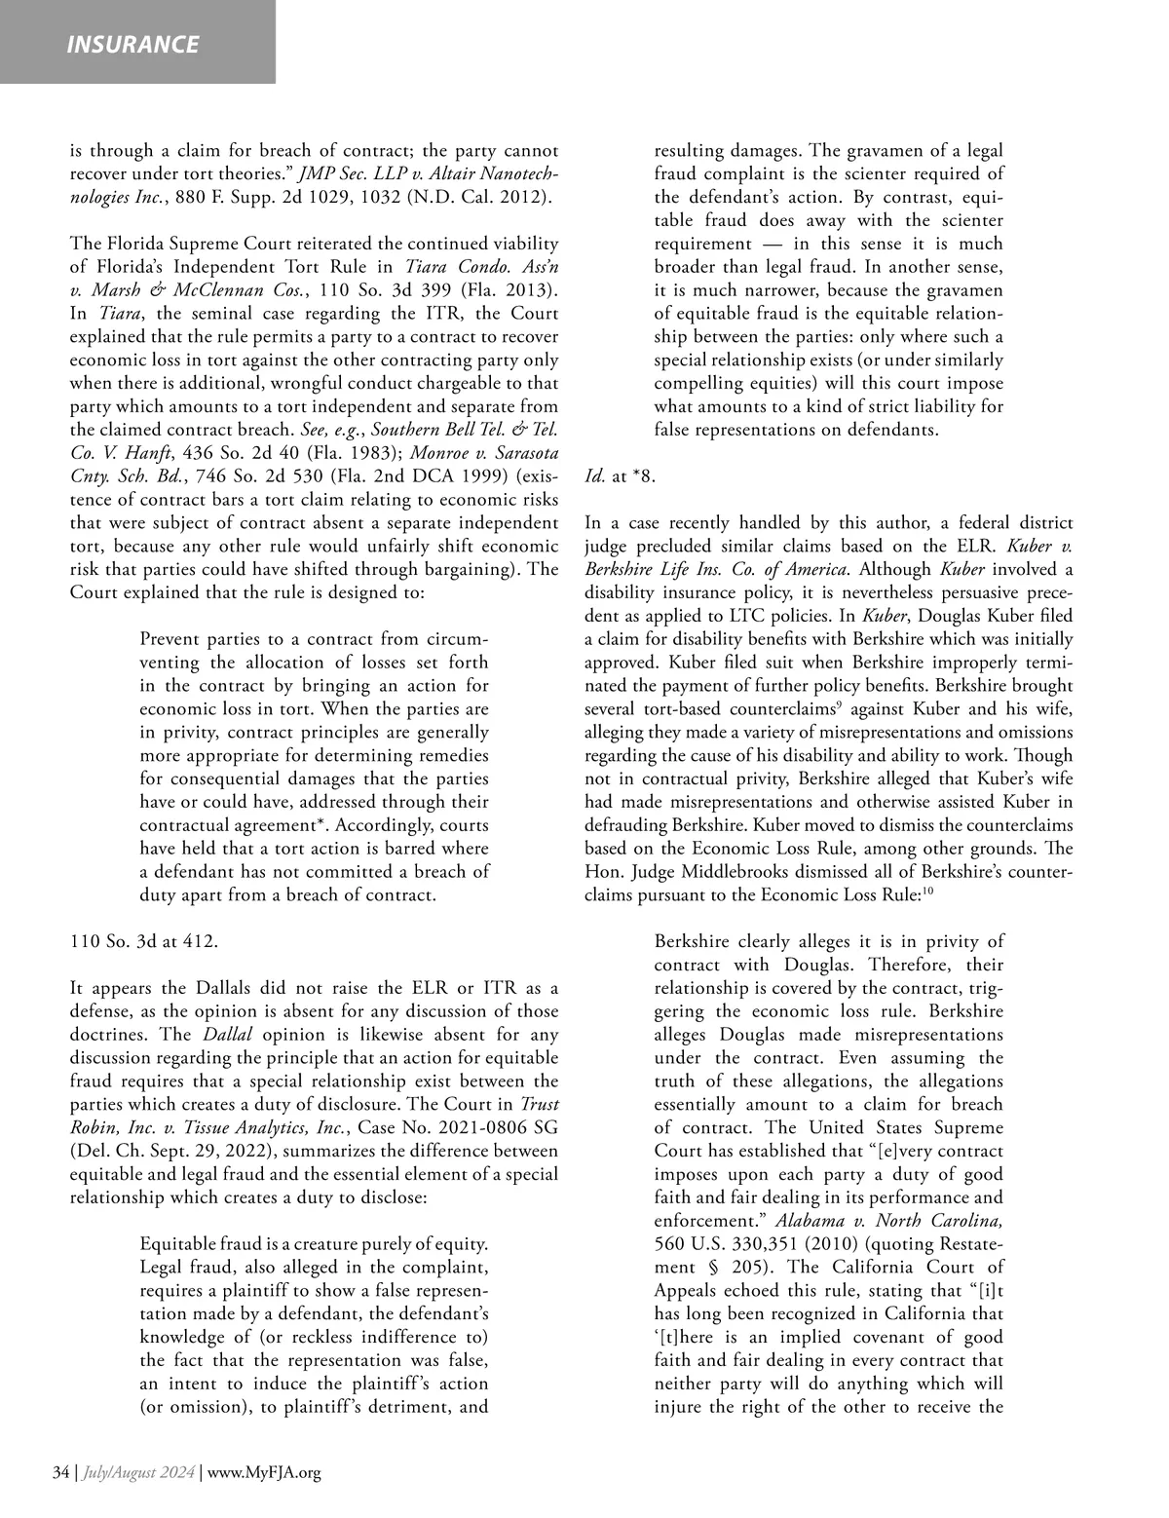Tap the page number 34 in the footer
[59, 1472]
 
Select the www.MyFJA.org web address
[265, 1472]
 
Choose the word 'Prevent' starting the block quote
[170, 639]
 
